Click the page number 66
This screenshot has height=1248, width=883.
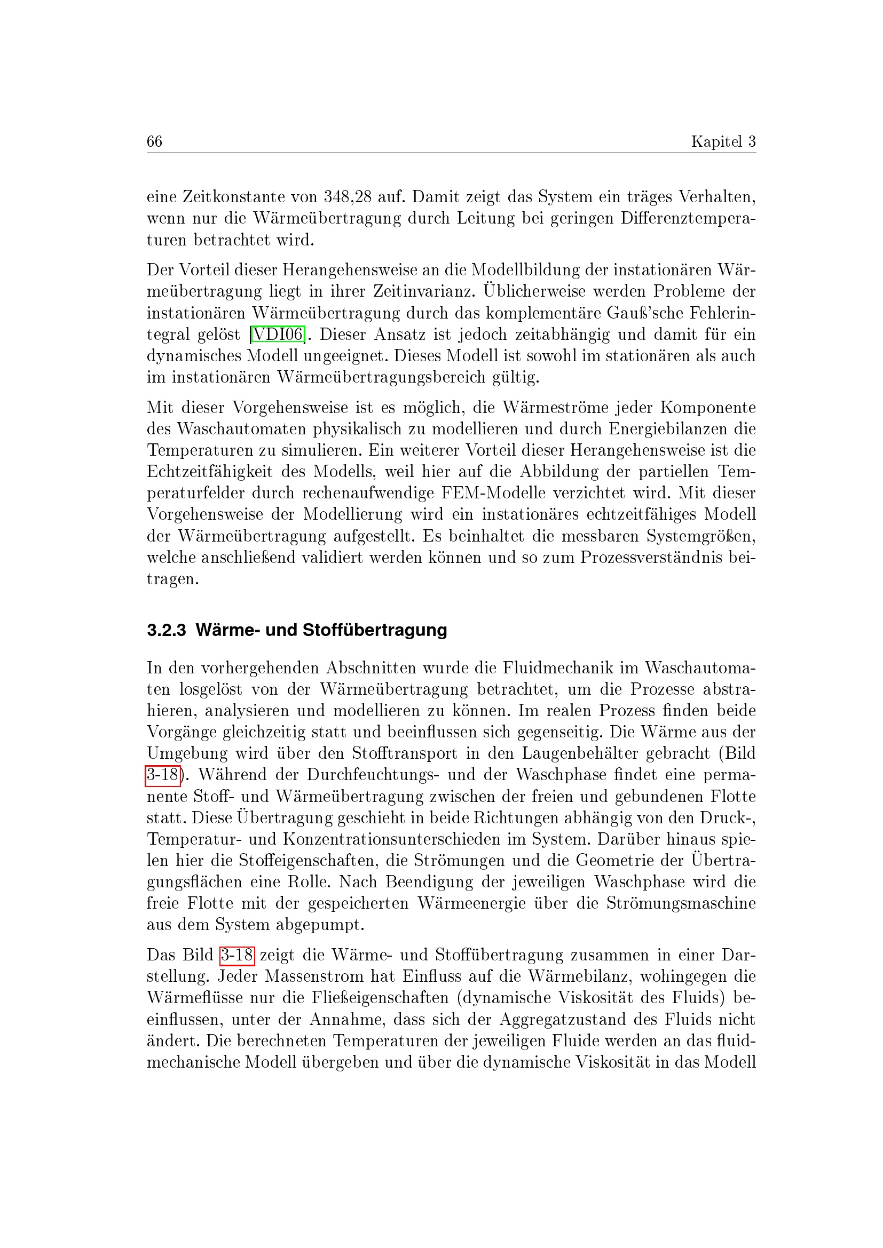tap(154, 141)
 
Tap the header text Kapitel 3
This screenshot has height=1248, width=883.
tap(723, 141)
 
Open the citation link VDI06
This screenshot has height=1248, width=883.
tap(277, 335)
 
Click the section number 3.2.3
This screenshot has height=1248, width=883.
tap(167, 630)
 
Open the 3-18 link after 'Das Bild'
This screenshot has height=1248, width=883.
tap(237, 955)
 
